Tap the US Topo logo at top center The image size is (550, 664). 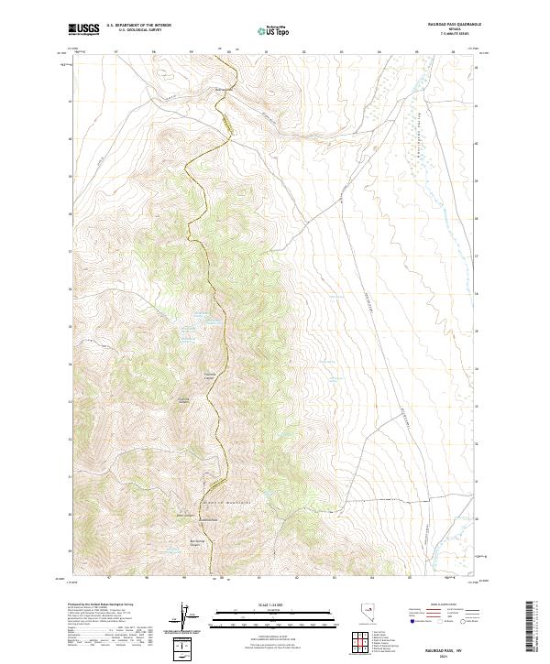pyautogui.click(x=271, y=31)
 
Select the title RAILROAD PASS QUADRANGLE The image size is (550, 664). pyautogui.click(x=453, y=25)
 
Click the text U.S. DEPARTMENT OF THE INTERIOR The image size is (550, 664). pyautogui.click(x=138, y=26)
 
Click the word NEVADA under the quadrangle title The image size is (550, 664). pyautogui.click(x=453, y=30)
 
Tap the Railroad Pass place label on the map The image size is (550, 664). pyautogui.click(x=225, y=89)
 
